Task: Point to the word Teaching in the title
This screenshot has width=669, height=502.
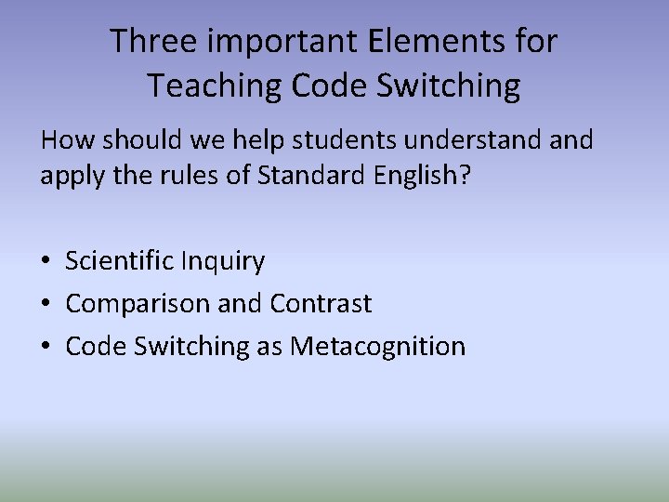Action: click(x=216, y=86)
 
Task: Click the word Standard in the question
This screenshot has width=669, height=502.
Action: click(x=308, y=176)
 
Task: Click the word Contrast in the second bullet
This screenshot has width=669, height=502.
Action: click(x=321, y=304)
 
